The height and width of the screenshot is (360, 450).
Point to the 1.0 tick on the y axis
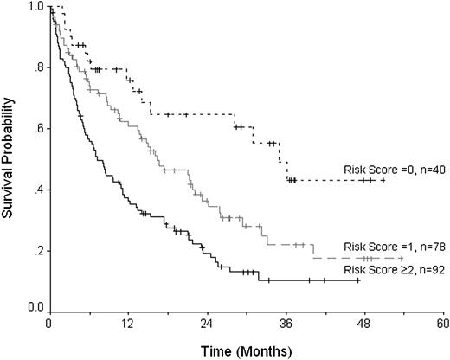pyautogui.click(x=34, y=8)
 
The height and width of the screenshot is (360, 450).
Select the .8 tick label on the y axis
pyautogui.click(x=36, y=68)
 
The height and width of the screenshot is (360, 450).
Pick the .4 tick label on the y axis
pyautogui.click(x=36, y=190)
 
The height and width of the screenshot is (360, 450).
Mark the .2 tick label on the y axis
pyautogui.click(x=36, y=251)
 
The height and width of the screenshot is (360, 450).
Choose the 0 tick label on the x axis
pyautogui.click(x=49, y=324)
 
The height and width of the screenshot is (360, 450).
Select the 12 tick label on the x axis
pyautogui.click(x=127, y=324)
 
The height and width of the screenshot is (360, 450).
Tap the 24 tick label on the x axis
pyautogui.click(x=206, y=324)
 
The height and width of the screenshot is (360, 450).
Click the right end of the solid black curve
pyautogui.click(x=359, y=280)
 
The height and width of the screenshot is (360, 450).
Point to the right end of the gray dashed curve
pyautogui.click(x=403, y=258)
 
